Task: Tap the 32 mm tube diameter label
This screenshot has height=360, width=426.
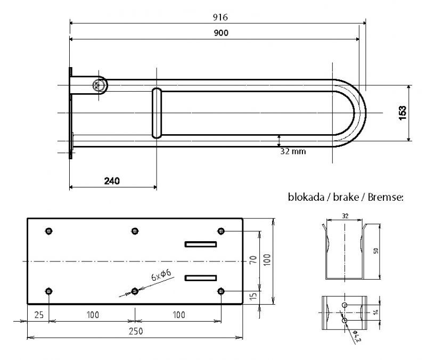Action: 293,151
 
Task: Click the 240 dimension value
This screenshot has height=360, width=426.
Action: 111,181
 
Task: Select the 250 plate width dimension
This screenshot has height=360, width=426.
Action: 134,331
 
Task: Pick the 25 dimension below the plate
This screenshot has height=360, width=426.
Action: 38,315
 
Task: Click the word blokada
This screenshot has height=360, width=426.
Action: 306,197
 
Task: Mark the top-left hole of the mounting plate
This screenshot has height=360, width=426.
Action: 49,231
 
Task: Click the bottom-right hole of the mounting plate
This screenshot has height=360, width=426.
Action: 222,291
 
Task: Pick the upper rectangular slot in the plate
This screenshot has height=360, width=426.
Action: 201,244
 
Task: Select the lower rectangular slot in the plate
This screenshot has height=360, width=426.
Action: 201,277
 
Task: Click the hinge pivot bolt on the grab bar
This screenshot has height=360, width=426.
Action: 99,85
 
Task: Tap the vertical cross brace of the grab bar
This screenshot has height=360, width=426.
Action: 157,112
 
